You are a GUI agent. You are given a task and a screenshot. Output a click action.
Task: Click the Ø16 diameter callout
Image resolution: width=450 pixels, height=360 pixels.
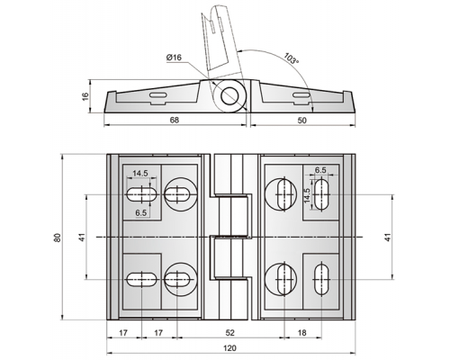pos(174,58)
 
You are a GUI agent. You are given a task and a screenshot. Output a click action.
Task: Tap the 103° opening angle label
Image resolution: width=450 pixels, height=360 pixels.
pos(292,58)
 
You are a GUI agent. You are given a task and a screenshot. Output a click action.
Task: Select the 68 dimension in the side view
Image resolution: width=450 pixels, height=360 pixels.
pos(175,120)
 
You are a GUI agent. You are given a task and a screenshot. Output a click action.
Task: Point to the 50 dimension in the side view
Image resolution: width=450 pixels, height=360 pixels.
pos(302,121)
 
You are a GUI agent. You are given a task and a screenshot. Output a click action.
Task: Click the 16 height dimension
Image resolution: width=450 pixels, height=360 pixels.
pos(85,96)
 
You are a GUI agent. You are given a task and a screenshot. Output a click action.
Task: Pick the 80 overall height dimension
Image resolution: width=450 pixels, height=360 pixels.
pos(58,238)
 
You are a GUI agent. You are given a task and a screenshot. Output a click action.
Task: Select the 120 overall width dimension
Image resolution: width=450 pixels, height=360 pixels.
pos(229,348)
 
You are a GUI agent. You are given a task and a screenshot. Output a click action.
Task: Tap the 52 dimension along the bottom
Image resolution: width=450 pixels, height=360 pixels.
pos(229,333)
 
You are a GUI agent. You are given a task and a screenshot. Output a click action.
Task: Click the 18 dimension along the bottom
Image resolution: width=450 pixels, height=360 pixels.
pos(302,333)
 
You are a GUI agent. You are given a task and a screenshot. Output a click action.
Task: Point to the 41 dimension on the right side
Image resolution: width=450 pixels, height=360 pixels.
pos(388,238)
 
